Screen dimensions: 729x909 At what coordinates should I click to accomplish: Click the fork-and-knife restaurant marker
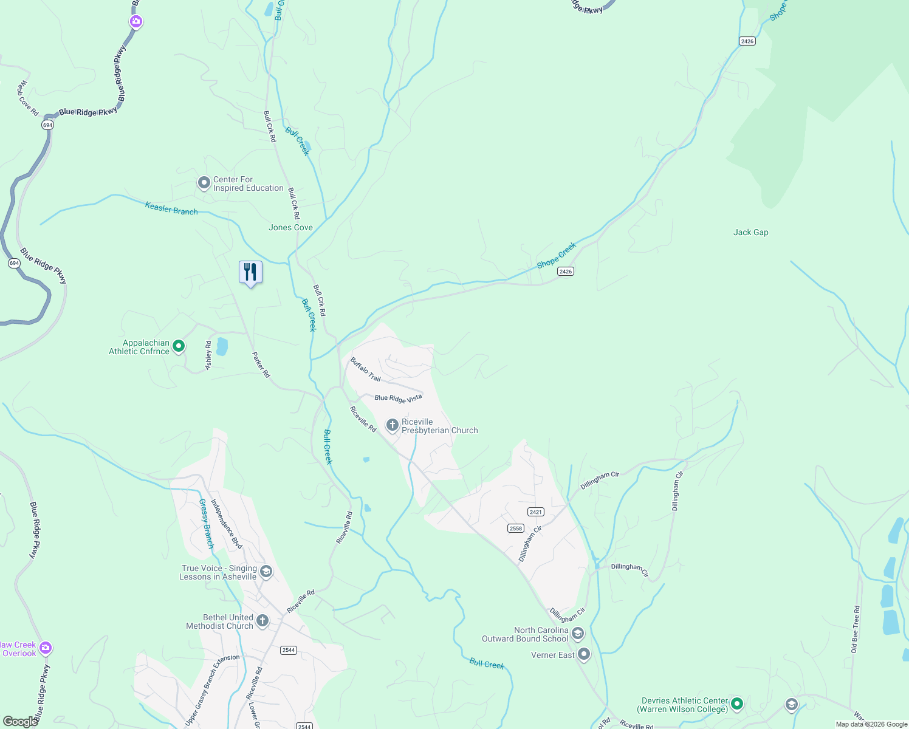click(x=250, y=272)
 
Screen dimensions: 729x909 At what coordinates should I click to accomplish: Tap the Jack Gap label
click(x=750, y=232)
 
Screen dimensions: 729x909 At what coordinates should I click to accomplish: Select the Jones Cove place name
click(x=290, y=227)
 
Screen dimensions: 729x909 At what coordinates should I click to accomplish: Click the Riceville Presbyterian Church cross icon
click(x=393, y=425)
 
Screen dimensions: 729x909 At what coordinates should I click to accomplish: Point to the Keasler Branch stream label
click(x=171, y=209)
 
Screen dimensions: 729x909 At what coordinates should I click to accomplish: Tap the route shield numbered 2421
click(x=535, y=512)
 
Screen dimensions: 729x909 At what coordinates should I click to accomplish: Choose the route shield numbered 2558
click(x=516, y=529)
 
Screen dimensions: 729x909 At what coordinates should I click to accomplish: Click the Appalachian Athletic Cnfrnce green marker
click(x=179, y=346)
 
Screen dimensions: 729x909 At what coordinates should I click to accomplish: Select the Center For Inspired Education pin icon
click(x=204, y=183)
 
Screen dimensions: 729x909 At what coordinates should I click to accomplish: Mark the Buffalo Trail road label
click(x=365, y=369)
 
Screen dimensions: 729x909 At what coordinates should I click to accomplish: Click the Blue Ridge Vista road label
click(x=398, y=398)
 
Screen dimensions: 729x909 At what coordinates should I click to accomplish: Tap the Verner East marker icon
click(x=584, y=654)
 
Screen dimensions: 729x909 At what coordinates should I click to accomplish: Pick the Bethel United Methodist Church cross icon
click(x=262, y=620)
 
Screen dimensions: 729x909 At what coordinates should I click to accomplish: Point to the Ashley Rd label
click(x=208, y=355)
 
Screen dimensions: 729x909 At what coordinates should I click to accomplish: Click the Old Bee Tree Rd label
click(x=856, y=629)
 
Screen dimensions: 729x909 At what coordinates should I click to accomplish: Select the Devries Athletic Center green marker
click(x=737, y=704)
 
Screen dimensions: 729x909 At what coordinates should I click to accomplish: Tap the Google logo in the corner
click(x=20, y=721)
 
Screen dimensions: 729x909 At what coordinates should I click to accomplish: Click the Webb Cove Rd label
click(x=27, y=98)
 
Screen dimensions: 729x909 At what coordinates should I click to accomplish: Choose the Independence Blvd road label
click(x=226, y=524)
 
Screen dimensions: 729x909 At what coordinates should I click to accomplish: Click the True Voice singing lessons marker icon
click(x=266, y=572)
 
